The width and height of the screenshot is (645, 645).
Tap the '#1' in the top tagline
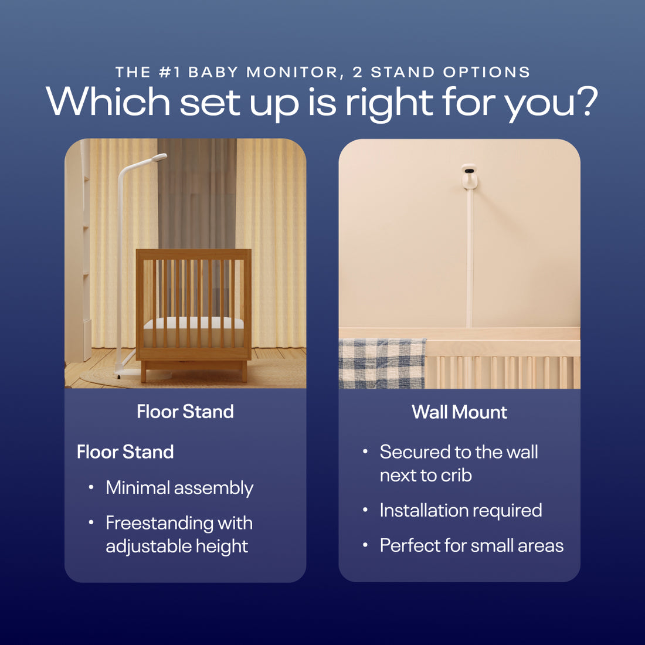pyautogui.click(x=170, y=72)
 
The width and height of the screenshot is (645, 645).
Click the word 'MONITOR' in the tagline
pyautogui.click(x=292, y=72)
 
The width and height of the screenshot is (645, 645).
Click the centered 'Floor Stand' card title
pyautogui.click(x=185, y=412)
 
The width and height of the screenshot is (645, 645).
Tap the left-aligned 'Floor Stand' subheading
pyautogui.click(x=125, y=452)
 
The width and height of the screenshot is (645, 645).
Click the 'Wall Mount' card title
pyautogui.click(x=459, y=412)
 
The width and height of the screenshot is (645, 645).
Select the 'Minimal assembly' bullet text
pyautogui.click(x=179, y=488)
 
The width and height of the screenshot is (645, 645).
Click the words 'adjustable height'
pyautogui.click(x=176, y=546)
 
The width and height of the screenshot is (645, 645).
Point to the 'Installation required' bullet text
pyautogui.click(x=460, y=511)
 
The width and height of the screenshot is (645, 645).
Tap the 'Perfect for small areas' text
pyautogui.click(x=471, y=546)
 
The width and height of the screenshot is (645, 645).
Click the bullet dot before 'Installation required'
pyautogui.click(x=365, y=510)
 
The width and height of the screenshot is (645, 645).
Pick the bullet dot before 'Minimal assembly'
pyautogui.click(x=91, y=487)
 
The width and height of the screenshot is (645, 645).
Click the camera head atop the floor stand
pyautogui.click(x=158, y=158)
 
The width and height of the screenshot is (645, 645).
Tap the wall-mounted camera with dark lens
pyautogui.click(x=469, y=176)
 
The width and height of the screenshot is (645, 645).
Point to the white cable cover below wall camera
pyautogui.click(x=469, y=258)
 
